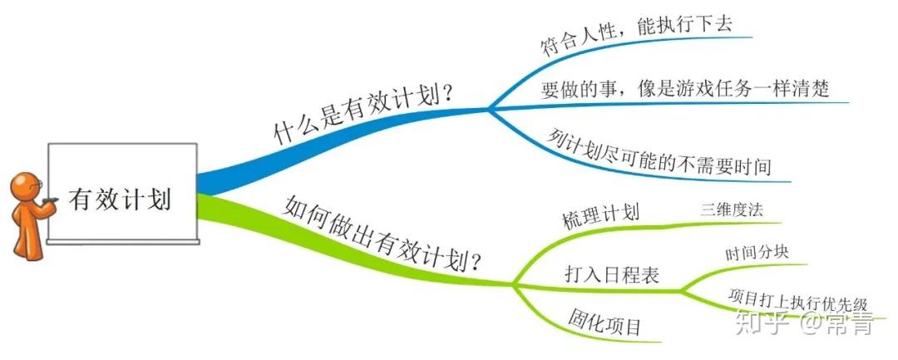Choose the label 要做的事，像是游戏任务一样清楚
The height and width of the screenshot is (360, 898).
[684, 89]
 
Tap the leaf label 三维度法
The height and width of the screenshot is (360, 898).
[732, 210]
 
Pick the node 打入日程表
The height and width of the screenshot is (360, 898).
[612, 274]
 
